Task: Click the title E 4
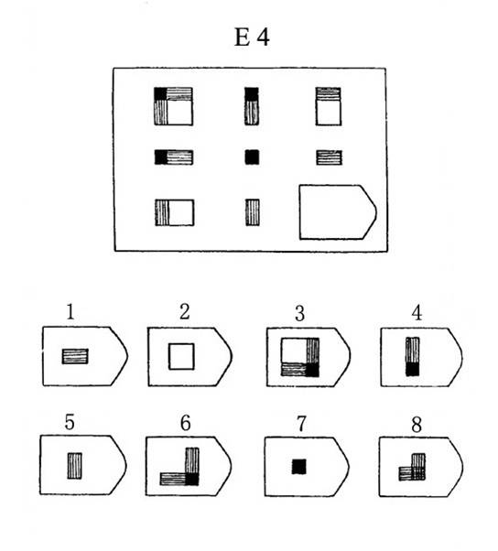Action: pos(252,37)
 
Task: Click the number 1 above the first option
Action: pos(70,311)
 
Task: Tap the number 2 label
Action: pos(185,311)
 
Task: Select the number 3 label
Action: pos(299,313)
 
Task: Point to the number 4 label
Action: pos(417,313)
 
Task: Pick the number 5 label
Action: pos(70,422)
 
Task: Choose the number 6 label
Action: pos(186,422)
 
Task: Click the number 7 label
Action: pos(301,424)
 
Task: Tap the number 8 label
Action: pos(417,425)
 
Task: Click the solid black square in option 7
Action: pos(299,466)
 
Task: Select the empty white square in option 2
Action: pos(181,356)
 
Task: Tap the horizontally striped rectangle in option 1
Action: pos(75,356)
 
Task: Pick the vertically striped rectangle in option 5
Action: pos(74,466)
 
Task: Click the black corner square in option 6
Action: pos(192,479)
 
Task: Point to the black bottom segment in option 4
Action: pos(413,370)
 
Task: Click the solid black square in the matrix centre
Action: pos(252,157)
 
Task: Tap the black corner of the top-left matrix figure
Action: pos(160,94)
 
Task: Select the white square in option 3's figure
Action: pos(294,351)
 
